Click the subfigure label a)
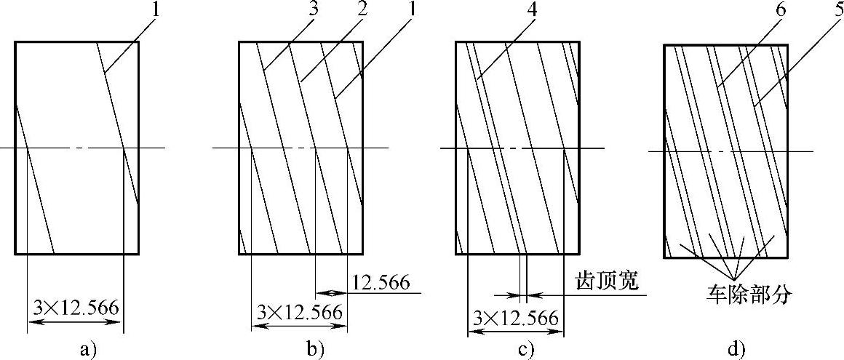point(88,350)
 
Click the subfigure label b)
point(314,350)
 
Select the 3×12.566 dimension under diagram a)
point(76,307)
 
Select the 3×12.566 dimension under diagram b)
point(300,313)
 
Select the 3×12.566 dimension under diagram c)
point(516,318)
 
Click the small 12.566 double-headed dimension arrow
point(331,293)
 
